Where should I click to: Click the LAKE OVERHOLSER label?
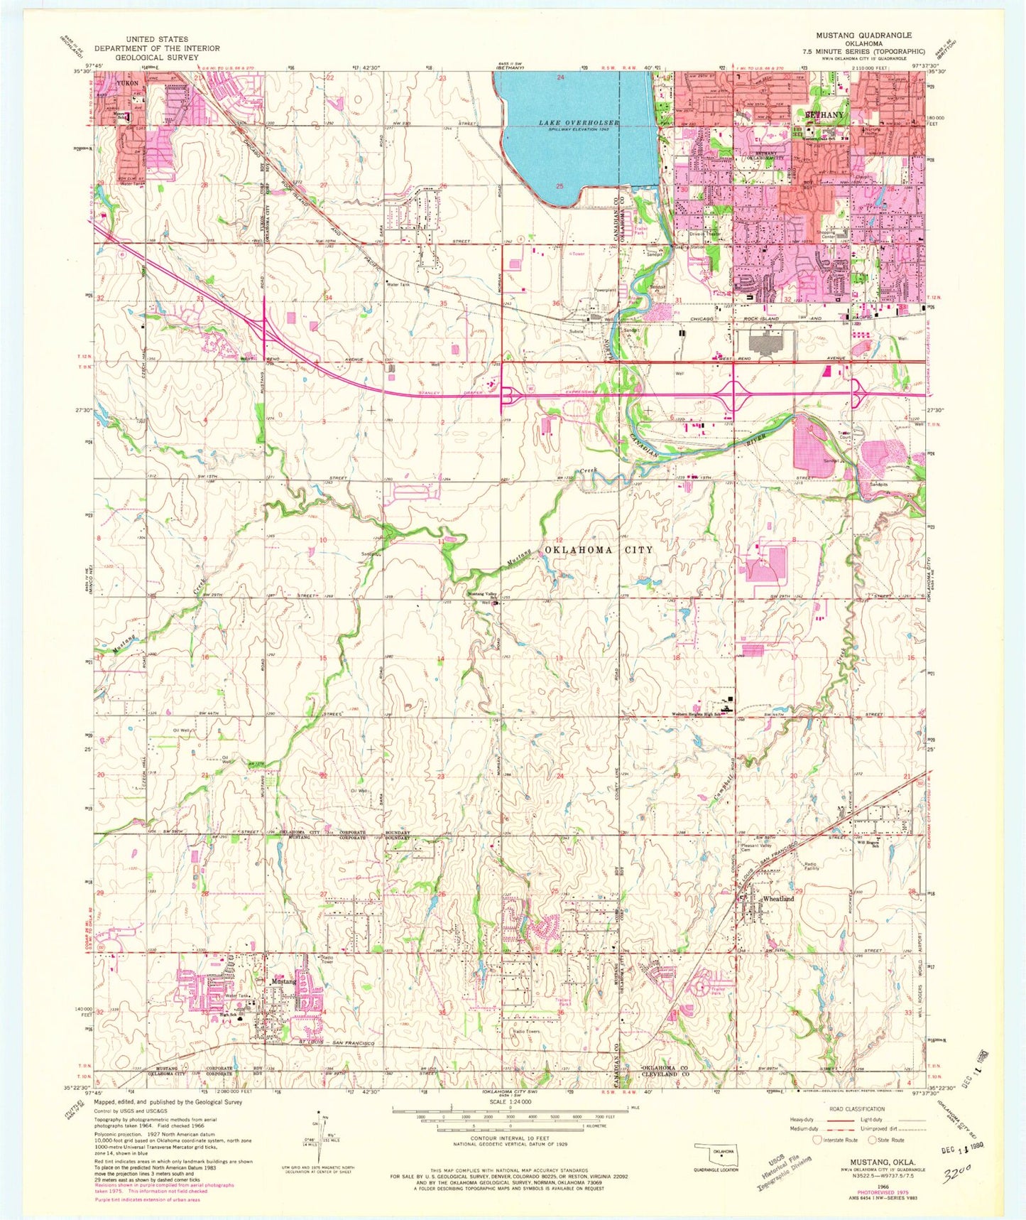(x=579, y=123)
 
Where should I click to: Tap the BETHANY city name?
(x=824, y=114)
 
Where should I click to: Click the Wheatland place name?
(x=778, y=900)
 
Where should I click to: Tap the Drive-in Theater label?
(x=705, y=233)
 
